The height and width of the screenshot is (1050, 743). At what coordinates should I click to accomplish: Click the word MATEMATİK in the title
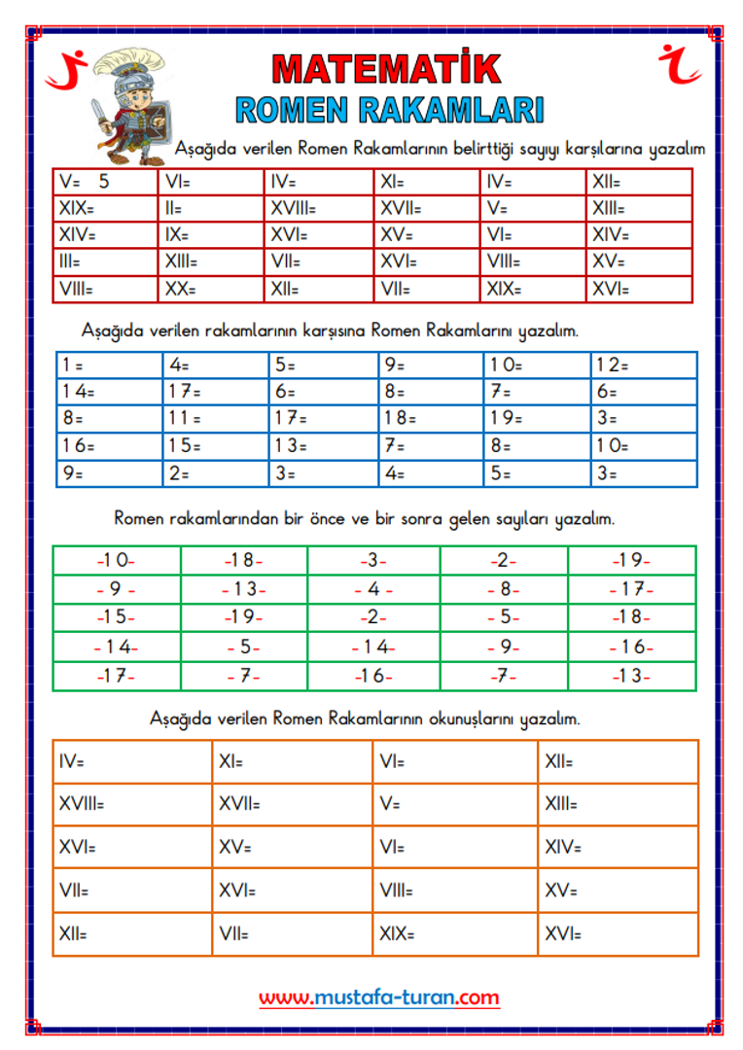pos(387,69)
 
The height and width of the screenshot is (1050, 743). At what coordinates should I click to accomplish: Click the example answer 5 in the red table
pos(104,182)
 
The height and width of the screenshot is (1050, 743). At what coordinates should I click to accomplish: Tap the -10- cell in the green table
pos(116,561)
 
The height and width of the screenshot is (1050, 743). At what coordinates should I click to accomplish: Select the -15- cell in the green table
pos(116,617)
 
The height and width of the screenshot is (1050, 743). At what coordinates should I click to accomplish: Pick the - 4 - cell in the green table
pos(373,589)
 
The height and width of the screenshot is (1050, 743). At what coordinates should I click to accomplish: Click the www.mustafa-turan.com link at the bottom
pos(379,997)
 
